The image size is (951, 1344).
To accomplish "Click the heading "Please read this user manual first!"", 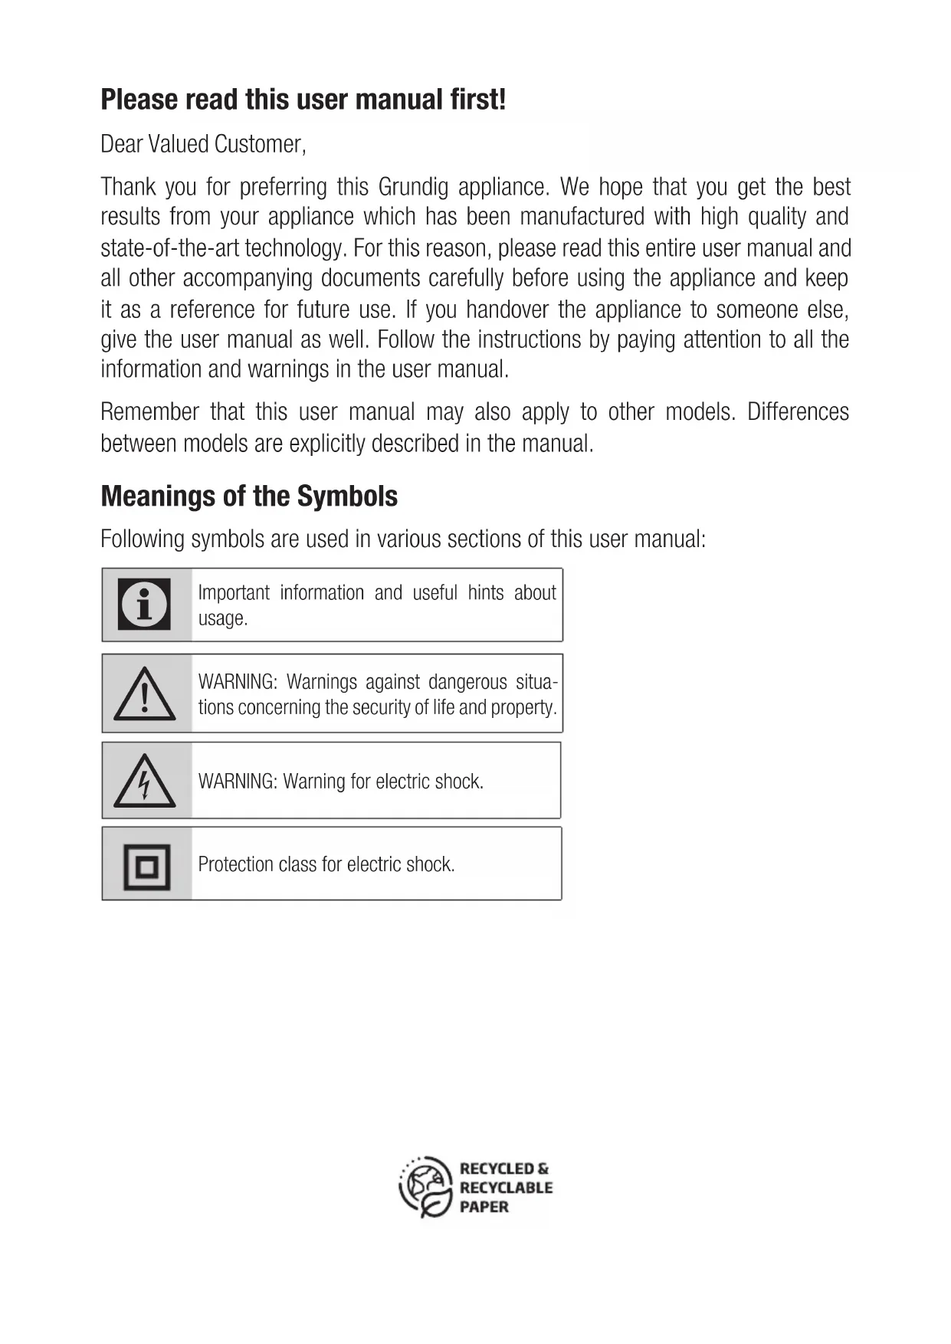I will (303, 100).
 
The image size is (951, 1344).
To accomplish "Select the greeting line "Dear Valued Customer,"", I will (203, 144).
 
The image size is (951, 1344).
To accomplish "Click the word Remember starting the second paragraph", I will (149, 412).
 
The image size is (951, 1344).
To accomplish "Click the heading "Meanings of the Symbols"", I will (249, 497).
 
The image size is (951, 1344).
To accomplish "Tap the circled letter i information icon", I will (144, 605).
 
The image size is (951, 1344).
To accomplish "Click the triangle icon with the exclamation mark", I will (144, 694).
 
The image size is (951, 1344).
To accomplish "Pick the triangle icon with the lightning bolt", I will (144, 782).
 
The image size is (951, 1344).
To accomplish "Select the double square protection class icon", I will (146, 866).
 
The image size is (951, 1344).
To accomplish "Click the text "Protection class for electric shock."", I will (326, 864).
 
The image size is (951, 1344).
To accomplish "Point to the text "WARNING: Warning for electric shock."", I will (341, 782).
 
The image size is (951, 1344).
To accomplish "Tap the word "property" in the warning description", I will (523, 707).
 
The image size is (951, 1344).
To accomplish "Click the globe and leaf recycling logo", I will (425, 1187).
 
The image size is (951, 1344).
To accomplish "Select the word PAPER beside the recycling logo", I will (484, 1207).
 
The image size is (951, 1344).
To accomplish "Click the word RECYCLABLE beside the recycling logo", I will (506, 1188).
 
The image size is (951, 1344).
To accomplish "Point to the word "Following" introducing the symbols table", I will (143, 539).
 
